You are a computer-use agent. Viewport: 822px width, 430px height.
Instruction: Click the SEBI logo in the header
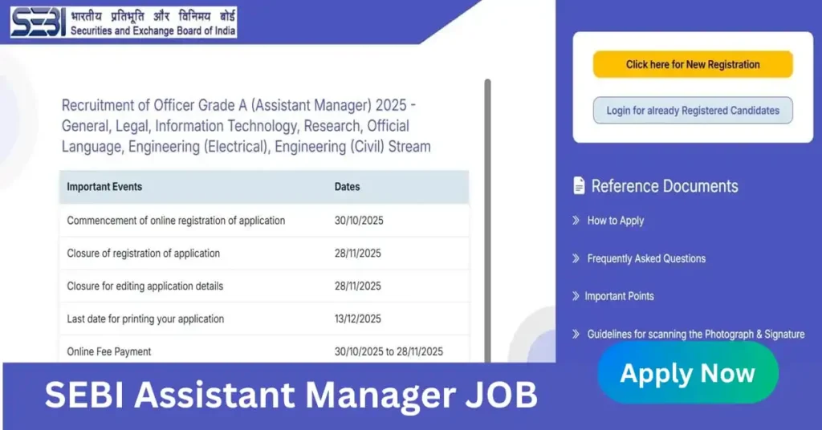pos(123,22)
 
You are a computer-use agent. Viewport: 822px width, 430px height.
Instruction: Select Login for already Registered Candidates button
pos(693,111)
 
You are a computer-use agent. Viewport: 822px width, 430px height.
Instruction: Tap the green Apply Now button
pos(688,373)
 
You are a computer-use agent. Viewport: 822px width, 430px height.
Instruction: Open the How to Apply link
pos(616,221)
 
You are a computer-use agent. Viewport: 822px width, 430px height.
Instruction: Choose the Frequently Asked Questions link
pos(646,258)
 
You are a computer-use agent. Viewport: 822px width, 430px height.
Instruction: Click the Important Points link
pos(619,296)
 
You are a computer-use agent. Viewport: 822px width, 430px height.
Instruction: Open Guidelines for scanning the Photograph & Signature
pos(696,335)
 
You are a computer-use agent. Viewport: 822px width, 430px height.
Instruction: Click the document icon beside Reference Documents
pos(579,185)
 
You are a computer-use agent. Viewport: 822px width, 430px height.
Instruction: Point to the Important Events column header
pos(104,186)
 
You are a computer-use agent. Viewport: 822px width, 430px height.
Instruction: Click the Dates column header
pos(347,186)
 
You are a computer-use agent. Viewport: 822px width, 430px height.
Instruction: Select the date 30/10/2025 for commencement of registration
pos(359,221)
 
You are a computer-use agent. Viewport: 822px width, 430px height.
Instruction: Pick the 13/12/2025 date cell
pos(357,318)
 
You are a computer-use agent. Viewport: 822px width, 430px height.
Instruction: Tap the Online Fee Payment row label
pos(108,351)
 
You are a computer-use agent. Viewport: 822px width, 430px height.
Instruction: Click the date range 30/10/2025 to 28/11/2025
pos(389,351)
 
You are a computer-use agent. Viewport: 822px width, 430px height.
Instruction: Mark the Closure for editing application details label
pos(144,286)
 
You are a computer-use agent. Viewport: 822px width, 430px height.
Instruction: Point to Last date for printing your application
pos(145,318)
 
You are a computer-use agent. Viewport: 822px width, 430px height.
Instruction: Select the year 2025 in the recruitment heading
pos(391,105)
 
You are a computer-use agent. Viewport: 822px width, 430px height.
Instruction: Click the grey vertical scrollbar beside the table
pos(487,220)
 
